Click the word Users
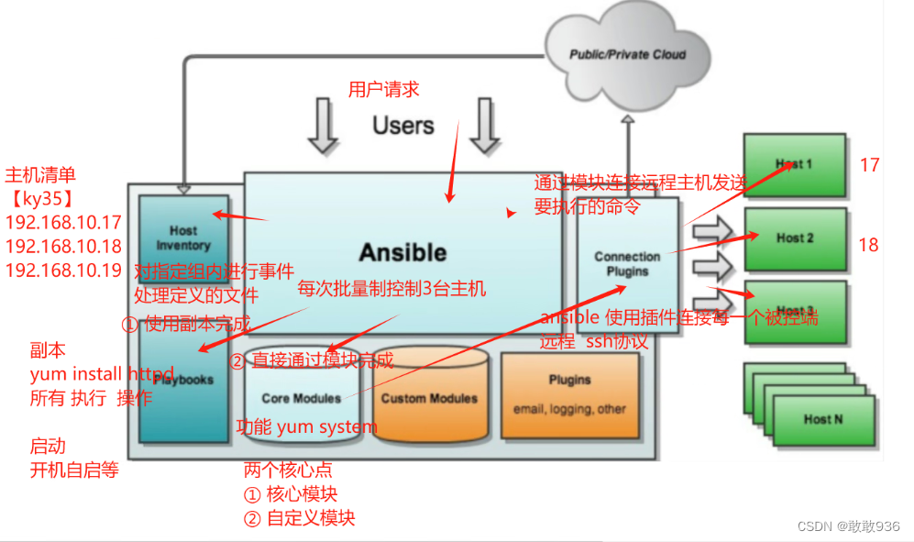(x=402, y=126)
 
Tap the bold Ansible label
(x=402, y=252)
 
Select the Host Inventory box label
(x=182, y=238)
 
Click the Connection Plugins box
(x=627, y=264)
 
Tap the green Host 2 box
(x=795, y=238)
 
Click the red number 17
(x=869, y=165)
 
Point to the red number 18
(x=868, y=245)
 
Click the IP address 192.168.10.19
(x=63, y=271)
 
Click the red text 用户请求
(x=383, y=89)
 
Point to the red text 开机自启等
(x=74, y=470)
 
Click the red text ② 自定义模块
(x=299, y=518)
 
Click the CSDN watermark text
(x=849, y=526)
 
